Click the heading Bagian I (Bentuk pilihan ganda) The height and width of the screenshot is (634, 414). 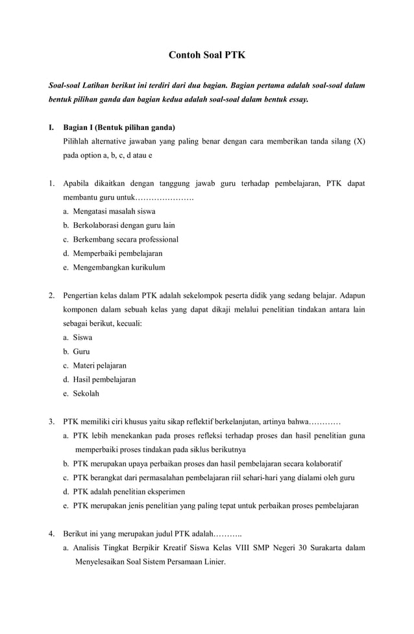point(119,127)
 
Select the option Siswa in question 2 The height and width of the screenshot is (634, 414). point(82,337)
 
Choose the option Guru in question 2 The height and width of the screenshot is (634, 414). point(81,351)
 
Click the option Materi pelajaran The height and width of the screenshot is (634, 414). point(99,365)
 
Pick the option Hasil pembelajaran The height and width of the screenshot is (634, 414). point(104,379)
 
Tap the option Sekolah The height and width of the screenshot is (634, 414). point(86,393)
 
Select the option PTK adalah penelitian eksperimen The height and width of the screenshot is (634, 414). point(128,492)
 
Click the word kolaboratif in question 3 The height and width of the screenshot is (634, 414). point(323,464)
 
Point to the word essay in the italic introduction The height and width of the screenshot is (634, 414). point(297,99)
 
